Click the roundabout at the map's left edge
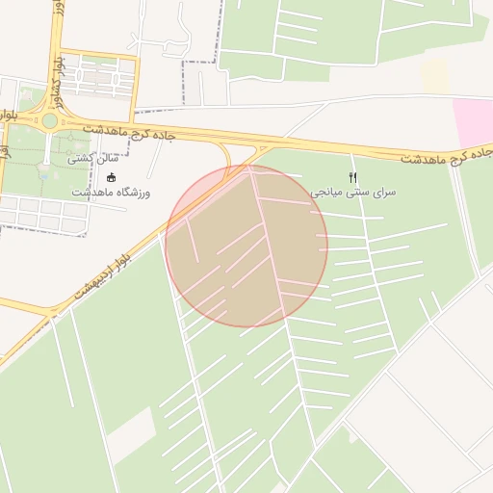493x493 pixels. point(48,121)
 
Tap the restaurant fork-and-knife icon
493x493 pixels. point(352,177)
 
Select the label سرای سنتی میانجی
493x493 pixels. point(352,193)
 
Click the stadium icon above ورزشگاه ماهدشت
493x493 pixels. point(111,177)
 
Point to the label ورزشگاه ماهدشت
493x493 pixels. point(111,193)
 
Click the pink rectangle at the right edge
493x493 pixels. point(473,123)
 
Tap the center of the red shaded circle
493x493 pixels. point(246,246)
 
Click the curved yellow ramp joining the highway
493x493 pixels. point(226,156)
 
